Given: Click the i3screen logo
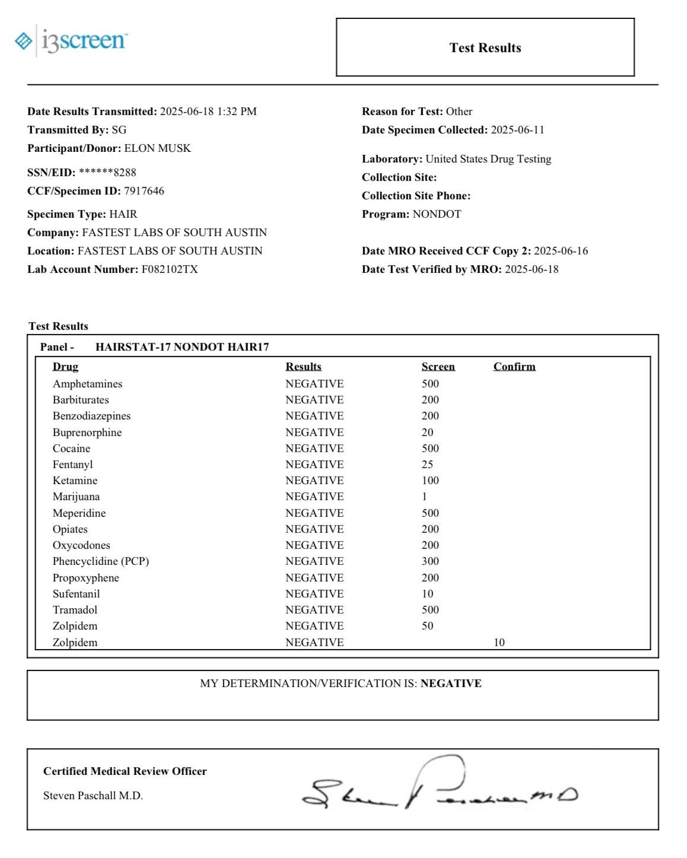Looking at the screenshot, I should click(71, 40).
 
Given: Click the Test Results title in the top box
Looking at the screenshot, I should click(485, 48).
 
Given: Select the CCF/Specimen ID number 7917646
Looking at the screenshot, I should click(144, 191).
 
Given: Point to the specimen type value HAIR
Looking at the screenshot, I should click(123, 214).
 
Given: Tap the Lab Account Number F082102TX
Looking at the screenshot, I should click(170, 269).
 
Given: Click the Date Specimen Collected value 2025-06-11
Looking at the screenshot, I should click(517, 130).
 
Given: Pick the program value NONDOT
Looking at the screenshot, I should click(437, 214).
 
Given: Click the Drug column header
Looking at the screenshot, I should click(65, 367).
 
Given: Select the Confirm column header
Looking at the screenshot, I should click(514, 367).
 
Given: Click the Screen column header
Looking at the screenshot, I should click(438, 367).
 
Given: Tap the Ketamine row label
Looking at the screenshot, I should click(75, 481).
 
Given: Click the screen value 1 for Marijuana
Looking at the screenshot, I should click(424, 497).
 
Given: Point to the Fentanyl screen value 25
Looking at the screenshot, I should click(427, 465).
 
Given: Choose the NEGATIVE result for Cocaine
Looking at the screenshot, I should click(314, 449).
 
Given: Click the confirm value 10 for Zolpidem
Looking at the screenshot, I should click(499, 643).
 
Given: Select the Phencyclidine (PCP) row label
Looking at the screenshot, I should click(101, 561).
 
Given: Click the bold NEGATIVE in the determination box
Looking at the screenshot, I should click(451, 684).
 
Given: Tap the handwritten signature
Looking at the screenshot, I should click(439, 786).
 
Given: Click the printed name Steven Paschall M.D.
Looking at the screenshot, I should click(93, 796).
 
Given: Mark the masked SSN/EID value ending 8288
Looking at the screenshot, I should click(107, 173).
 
